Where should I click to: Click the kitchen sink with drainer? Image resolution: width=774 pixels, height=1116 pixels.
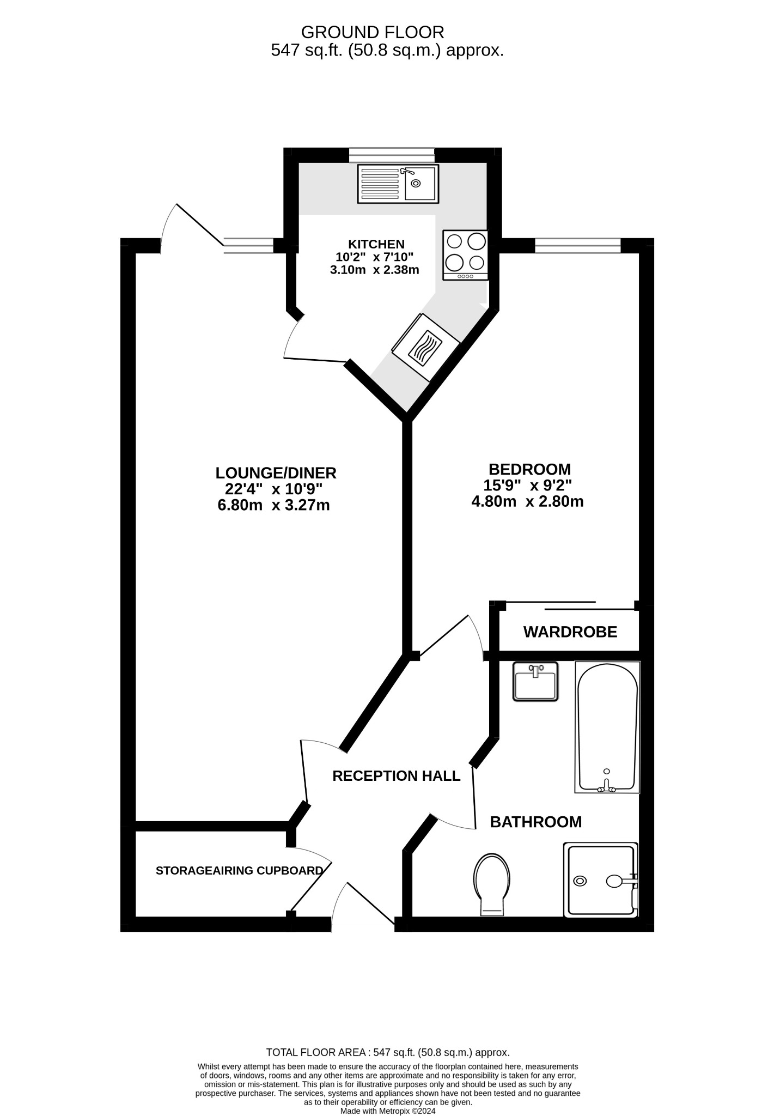point(398,184)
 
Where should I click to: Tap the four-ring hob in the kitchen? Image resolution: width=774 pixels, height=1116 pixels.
point(465,255)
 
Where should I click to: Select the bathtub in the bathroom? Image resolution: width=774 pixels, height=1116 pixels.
point(607,727)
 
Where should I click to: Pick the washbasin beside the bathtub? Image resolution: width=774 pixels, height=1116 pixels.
point(536,681)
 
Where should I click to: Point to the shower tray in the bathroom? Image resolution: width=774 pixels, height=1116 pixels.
point(601,880)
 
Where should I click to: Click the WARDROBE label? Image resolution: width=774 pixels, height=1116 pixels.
point(570,632)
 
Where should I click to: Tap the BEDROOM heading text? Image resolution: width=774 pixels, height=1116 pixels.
point(529,469)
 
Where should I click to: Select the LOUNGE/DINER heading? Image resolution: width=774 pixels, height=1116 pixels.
point(276,472)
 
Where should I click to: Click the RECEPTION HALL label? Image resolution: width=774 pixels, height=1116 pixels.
point(396,776)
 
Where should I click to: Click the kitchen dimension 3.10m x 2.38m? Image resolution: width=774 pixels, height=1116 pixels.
point(374,270)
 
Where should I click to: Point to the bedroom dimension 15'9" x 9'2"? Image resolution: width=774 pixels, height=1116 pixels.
point(527,485)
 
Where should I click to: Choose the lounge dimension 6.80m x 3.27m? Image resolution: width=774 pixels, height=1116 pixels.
point(273,505)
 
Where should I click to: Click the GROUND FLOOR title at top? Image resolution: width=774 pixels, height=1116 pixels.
point(372,32)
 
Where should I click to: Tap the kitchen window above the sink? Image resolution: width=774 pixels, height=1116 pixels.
point(392,155)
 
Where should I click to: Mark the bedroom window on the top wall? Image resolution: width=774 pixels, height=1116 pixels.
point(577,246)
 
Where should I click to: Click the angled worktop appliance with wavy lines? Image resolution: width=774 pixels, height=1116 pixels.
point(426,347)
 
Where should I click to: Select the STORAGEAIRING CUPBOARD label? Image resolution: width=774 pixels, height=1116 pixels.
point(239,871)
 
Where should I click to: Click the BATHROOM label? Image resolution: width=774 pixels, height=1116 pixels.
point(535,822)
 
